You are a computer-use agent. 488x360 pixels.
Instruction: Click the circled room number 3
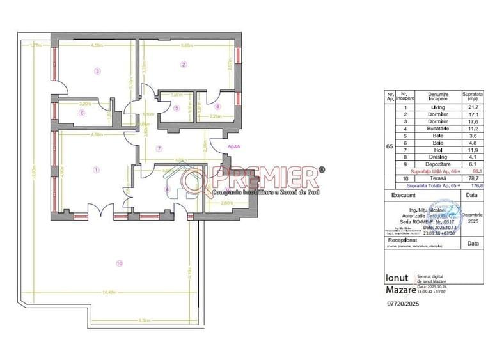pyautogui.click(x=97, y=71)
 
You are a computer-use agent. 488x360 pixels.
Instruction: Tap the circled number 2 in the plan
pyautogui.click(x=184, y=64)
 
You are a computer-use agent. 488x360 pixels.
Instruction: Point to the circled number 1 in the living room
pyautogui.click(x=96, y=169)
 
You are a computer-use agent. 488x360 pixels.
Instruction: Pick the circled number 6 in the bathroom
pyautogui.click(x=82, y=113)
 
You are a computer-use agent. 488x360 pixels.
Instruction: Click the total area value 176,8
pyautogui.click(x=474, y=187)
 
